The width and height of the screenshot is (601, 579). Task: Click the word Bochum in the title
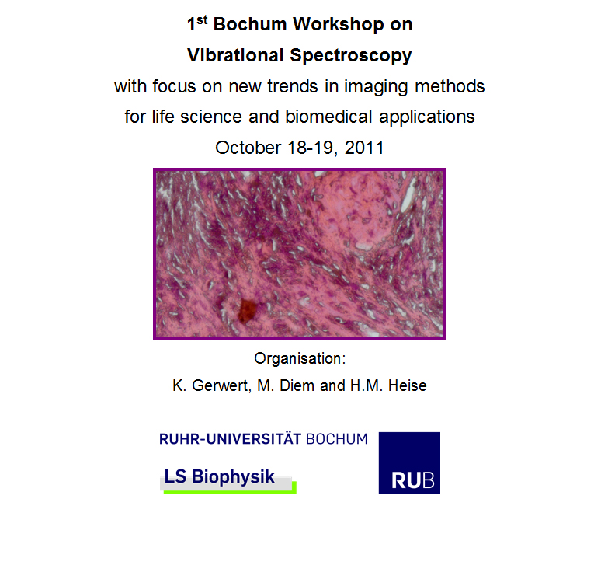249,24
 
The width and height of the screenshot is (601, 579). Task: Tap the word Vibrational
235,55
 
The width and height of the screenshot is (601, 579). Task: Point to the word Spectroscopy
351,57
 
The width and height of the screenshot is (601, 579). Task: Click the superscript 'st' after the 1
202,20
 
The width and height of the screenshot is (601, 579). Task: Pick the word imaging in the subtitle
376,88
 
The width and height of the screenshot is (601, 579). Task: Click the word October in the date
248,148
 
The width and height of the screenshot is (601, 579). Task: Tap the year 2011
364,148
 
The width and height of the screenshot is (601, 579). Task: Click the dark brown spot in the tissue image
247,310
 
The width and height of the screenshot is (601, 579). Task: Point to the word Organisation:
300,359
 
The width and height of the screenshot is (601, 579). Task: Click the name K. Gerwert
212,385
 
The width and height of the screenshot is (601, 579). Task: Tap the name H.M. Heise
388,385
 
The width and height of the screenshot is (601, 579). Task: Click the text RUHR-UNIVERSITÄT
231,439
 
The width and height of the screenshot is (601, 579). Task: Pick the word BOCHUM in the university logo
337,439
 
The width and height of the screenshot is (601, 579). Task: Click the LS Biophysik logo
228,480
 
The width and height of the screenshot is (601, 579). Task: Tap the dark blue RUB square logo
409,463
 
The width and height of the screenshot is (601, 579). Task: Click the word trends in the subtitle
293,87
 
